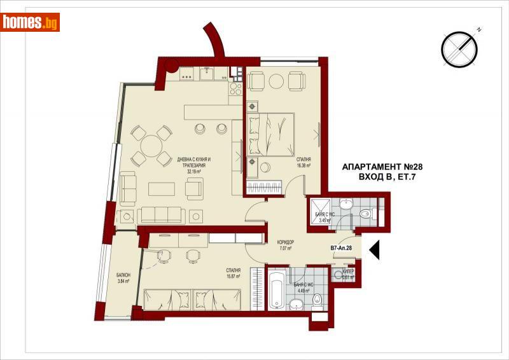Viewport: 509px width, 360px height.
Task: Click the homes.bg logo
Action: (31, 22)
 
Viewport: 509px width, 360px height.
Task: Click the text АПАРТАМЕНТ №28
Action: (382, 166)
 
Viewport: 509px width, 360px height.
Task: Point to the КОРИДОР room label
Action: (285, 242)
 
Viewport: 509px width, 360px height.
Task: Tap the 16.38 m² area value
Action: (303, 166)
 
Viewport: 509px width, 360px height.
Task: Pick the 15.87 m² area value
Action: (233, 277)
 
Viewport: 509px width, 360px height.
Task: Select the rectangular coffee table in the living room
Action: (162, 189)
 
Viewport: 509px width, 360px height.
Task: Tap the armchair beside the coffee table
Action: (194, 188)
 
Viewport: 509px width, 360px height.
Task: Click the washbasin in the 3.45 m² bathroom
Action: (345, 204)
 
